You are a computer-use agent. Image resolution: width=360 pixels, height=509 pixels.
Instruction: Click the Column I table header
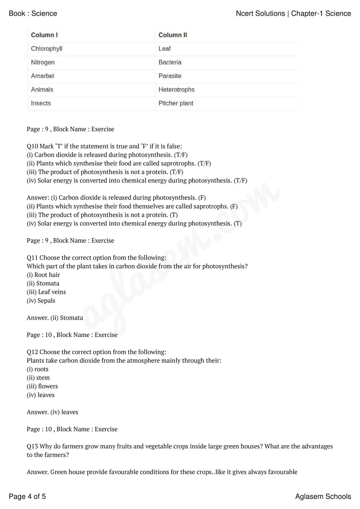coord(44,35)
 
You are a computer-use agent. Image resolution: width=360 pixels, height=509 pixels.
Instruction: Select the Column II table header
coord(172,35)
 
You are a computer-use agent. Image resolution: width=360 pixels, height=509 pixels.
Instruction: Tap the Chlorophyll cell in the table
coord(47,49)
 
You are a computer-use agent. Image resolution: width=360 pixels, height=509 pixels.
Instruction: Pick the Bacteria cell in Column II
coord(170,62)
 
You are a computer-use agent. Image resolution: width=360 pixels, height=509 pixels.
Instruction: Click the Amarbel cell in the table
coord(42,76)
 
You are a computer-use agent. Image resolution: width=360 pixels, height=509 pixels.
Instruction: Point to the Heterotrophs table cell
coord(176,90)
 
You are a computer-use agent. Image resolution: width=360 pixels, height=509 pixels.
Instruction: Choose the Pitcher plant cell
coord(175,103)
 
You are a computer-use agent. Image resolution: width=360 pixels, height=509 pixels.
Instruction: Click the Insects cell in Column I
coord(41,103)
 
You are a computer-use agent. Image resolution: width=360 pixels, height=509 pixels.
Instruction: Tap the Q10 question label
coord(32,147)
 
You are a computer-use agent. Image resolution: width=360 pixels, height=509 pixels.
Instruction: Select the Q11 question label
coord(32,258)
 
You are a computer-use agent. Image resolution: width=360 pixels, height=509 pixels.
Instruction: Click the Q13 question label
coord(32,446)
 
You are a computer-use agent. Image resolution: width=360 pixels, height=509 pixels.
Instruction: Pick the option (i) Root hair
coord(43,275)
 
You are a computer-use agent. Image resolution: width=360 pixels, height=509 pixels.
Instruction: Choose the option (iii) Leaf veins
coord(46,292)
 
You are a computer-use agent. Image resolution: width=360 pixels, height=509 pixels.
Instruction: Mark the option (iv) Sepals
coord(41,301)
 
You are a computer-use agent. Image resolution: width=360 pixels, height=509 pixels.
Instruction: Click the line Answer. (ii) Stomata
coord(55,318)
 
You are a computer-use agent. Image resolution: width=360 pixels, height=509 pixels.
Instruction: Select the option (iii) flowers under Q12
coord(42,387)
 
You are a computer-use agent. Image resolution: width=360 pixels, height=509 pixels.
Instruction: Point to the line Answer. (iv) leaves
coord(53,412)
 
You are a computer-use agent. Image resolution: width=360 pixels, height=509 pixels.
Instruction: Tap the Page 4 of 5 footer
coord(27,497)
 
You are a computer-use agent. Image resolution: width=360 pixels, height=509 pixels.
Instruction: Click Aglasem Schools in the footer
coord(323,497)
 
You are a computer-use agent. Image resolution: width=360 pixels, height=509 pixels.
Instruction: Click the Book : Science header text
coord(33,14)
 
